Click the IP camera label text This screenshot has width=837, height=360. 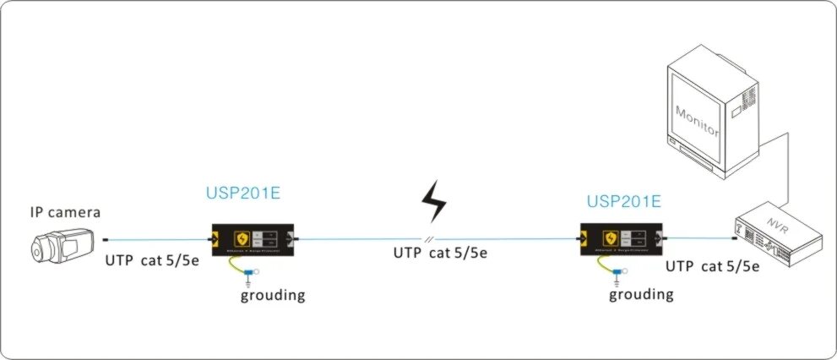pyautogui.click(x=64, y=212)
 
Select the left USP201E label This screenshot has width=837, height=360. pyautogui.click(x=243, y=193)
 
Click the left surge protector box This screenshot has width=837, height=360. pyautogui.click(x=251, y=239)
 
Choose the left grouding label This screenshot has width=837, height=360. pyautogui.click(x=273, y=296)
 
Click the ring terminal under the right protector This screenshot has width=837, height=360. pyautogui.click(x=618, y=272)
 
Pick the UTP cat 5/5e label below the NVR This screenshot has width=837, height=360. pyautogui.click(x=712, y=266)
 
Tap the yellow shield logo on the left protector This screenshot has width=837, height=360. pyautogui.click(x=242, y=237)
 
